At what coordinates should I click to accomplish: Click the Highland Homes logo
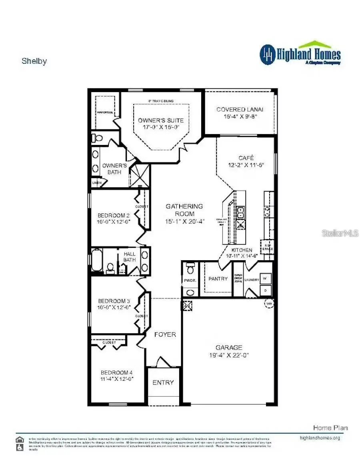tap(300, 54)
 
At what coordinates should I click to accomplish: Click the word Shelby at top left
tap(34, 61)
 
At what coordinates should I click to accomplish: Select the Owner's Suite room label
tap(161, 120)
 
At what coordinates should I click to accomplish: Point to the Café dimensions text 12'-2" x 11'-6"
tap(246, 165)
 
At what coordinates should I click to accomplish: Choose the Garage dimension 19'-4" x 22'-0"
tap(229, 355)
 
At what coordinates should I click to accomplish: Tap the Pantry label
tap(218, 279)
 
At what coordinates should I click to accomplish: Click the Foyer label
tap(165, 334)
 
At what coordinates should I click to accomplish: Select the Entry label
tap(163, 382)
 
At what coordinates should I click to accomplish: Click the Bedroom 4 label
tap(116, 372)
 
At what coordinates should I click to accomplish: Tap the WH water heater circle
tap(269, 304)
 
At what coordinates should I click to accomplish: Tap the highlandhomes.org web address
tap(320, 438)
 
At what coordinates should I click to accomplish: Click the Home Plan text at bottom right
tap(330, 428)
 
